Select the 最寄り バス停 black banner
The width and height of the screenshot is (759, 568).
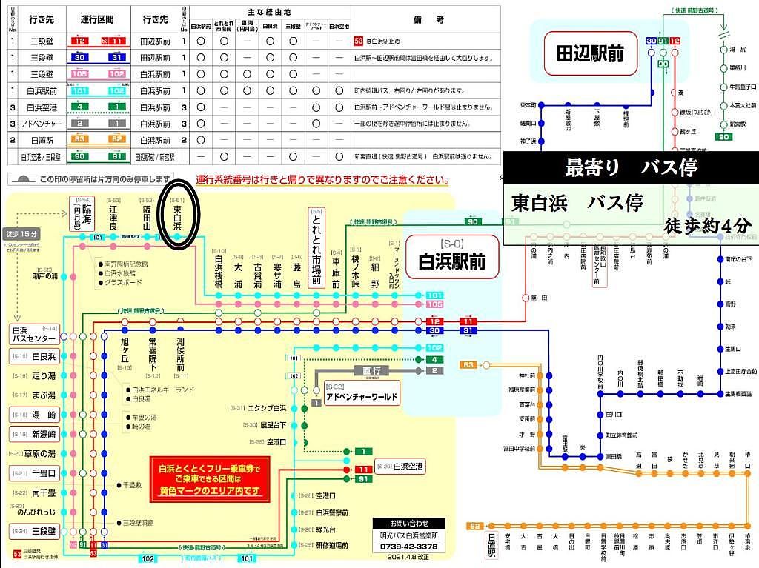tap(630, 168)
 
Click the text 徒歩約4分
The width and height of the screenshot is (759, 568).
tap(709, 224)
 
